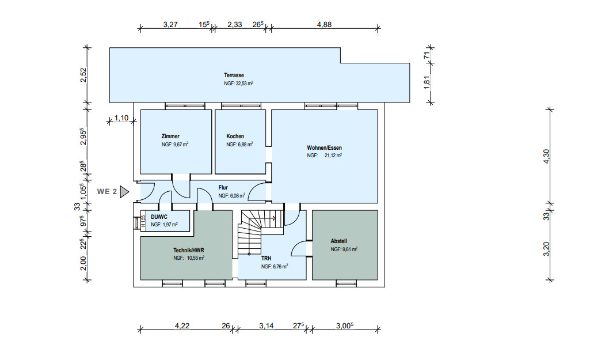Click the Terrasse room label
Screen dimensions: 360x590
point(234,75)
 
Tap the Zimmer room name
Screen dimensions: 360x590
point(170,137)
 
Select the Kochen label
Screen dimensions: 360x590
point(235,137)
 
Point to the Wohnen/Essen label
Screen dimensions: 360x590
point(325,147)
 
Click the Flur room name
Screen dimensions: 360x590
point(223,188)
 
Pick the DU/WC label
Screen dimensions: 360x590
point(159,217)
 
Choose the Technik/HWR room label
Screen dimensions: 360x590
point(189,250)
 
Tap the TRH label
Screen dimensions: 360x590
point(266,259)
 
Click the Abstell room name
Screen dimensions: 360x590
point(338,241)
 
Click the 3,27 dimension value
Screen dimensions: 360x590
point(171,25)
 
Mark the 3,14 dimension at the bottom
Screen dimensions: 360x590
point(266,326)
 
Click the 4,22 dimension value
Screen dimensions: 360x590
point(182,326)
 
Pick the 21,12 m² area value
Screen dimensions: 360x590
point(331,156)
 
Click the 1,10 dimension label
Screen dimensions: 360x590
point(121,118)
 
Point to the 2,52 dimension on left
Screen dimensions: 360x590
point(83,75)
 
